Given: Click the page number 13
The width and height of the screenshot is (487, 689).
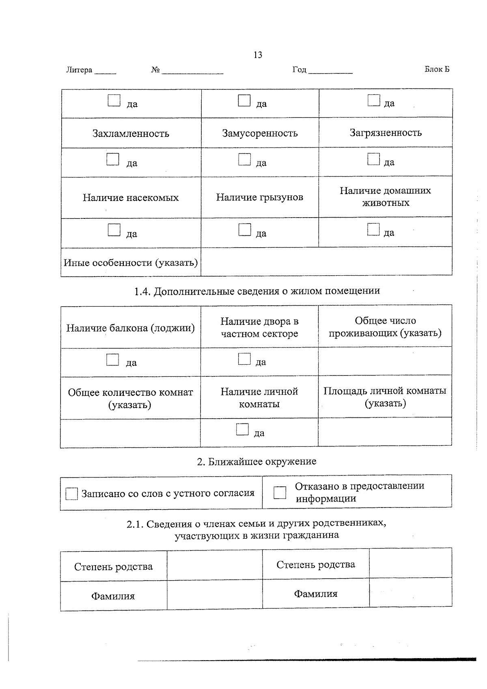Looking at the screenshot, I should (x=258, y=55).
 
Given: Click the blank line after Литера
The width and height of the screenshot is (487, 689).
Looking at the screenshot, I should (x=105, y=71).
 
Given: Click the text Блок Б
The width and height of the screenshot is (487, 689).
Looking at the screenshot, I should (x=437, y=69).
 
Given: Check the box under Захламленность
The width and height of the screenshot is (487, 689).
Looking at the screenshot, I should (x=113, y=159).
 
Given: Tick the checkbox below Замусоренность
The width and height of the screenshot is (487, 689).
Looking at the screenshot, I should (x=244, y=159).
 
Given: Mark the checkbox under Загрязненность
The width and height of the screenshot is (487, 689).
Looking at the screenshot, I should (x=373, y=159).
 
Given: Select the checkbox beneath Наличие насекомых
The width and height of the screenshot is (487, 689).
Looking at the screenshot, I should (x=114, y=230).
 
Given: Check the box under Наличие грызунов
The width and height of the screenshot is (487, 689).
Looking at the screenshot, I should (x=245, y=229).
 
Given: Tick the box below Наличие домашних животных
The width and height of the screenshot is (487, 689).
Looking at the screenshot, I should (x=373, y=229).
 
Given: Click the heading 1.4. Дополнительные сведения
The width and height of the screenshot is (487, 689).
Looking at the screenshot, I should (x=257, y=291).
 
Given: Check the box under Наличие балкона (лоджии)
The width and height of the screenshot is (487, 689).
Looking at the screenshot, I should (x=112, y=359).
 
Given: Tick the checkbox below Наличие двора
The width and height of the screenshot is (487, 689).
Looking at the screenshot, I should (x=244, y=359).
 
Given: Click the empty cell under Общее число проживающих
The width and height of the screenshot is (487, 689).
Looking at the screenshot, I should (x=385, y=361).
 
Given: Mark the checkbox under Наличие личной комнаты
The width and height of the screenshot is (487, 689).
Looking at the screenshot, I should (x=242, y=430).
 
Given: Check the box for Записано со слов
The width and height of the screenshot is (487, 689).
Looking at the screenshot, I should (x=71, y=494).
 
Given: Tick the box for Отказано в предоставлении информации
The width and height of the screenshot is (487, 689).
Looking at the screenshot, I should (x=280, y=492).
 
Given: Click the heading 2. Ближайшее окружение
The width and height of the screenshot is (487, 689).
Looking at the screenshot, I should (x=256, y=462).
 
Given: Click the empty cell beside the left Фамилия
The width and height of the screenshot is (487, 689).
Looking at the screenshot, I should (x=214, y=596).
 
